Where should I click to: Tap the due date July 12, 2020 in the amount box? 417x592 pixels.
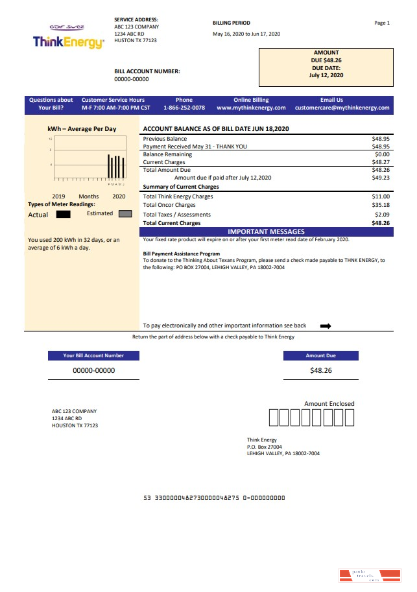click(326, 75)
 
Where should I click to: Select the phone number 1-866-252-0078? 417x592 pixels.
click(184, 108)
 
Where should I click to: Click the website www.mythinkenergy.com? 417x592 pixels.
click(251, 108)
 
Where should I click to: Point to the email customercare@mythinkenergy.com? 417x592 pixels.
click(342, 108)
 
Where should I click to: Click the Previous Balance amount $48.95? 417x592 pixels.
click(381, 139)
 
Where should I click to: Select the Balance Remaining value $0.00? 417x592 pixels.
click(382, 154)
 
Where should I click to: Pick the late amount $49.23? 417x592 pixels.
click(381, 178)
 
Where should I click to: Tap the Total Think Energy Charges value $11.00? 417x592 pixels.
click(381, 196)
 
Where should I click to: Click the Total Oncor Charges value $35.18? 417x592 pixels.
click(381, 206)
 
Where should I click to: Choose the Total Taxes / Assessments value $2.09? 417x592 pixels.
click(382, 215)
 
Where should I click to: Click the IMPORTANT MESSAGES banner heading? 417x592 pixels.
click(266, 231)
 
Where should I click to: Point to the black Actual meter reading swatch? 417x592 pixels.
click(64, 214)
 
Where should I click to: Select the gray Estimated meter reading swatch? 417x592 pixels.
click(125, 214)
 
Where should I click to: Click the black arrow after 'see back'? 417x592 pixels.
click(326, 326)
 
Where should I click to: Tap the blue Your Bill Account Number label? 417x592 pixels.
click(93, 355)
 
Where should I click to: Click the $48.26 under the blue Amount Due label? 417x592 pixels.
click(321, 370)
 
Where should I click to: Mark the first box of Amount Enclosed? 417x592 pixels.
click(273, 418)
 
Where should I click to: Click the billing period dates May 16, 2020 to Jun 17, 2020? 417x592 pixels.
click(246, 34)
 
